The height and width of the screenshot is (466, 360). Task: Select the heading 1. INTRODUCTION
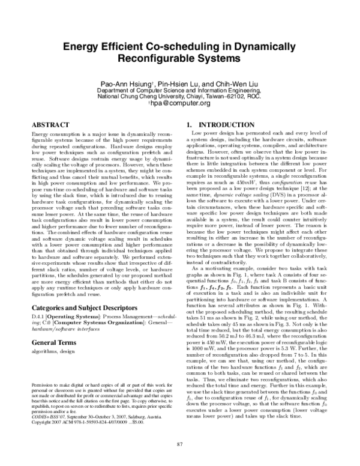tap(214, 124)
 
